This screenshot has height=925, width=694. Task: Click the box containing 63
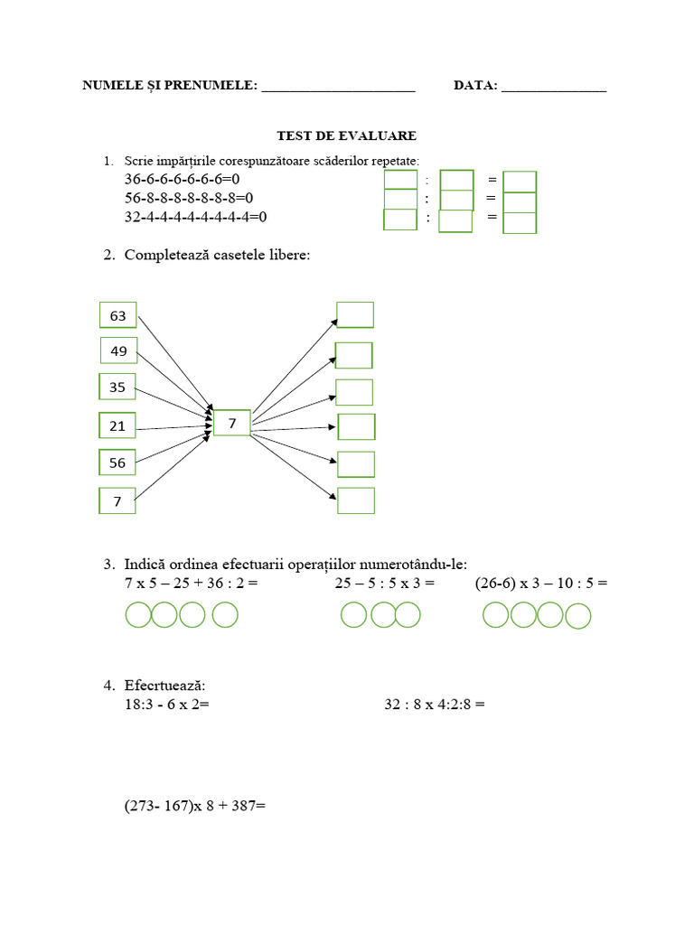[117, 315]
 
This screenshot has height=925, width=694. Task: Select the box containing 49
[117, 350]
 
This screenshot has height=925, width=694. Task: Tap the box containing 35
[117, 387]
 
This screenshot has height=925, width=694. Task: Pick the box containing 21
[117, 425]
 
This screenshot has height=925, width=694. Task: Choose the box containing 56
[117, 462]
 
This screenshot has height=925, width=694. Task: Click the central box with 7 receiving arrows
[232, 423]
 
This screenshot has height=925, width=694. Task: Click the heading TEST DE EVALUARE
[346, 135]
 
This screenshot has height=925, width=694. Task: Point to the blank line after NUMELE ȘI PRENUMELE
[337, 88]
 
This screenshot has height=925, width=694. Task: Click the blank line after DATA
[553, 88]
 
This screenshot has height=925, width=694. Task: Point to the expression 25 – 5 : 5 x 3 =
[385, 584]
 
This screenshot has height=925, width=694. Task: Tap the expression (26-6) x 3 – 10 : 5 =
[541, 584]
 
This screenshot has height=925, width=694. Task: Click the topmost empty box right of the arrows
[355, 314]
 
